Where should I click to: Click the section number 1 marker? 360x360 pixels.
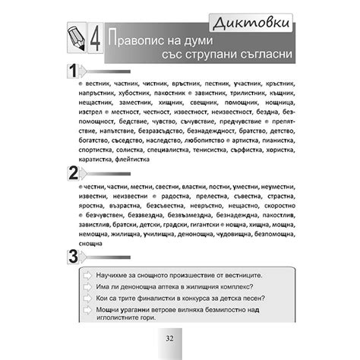72,72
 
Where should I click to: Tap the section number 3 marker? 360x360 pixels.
72,257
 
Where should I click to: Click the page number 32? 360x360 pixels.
179,338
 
